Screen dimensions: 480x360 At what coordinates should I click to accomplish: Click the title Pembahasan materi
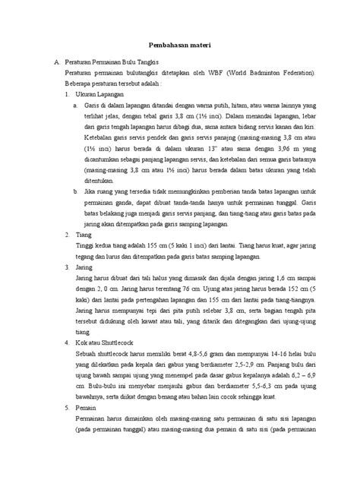[180, 45]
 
